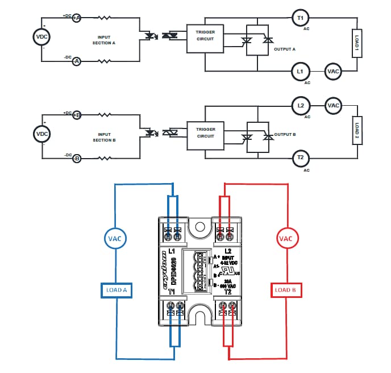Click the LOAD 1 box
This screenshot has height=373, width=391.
tap(356, 43)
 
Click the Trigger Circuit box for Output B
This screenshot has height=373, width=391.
tap(206, 132)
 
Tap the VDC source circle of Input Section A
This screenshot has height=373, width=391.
tap(43, 37)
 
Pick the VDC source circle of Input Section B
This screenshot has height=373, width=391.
tap(43, 134)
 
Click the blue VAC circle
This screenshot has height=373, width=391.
tap(116, 238)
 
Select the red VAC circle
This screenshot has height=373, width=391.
tap(285, 238)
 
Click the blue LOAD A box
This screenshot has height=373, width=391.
tap(116, 290)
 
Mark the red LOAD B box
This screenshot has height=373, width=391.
tap(285, 290)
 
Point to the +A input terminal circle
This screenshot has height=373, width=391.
tap(76, 18)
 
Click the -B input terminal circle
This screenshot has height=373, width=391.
tap(76, 158)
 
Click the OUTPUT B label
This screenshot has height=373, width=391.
tap(285, 135)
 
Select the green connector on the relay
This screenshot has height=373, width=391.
tap(198, 272)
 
